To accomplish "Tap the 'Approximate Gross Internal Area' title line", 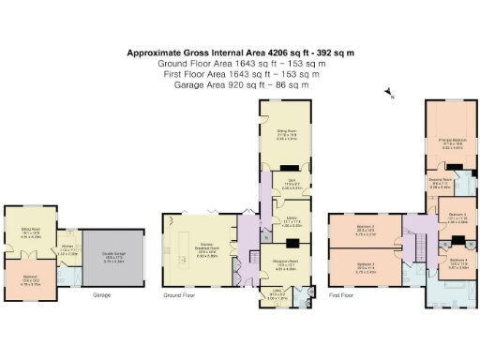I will [x=240, y=53].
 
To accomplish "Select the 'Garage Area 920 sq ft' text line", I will [x=240, y=85].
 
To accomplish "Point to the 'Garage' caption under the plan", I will [x=102, y=294].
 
